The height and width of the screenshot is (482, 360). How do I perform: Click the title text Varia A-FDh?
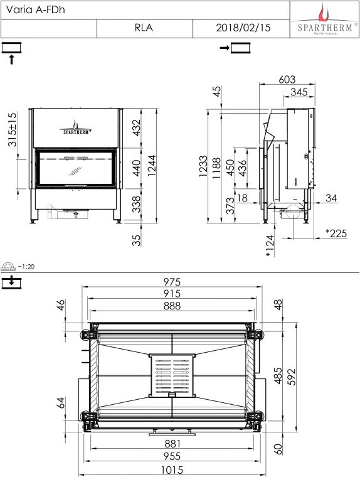[x=35, y=9]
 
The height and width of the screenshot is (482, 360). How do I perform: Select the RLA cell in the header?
[x=144, y=28]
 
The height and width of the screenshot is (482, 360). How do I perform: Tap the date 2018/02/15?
[x=243, y=28]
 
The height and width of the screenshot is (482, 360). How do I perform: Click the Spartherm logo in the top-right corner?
[x=325, y=19]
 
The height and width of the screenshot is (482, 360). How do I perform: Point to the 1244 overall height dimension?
[x=152, y=166]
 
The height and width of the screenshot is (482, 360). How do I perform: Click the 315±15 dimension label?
[x=13, y=129]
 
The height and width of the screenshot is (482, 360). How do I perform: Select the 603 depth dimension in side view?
[x=287, y=80]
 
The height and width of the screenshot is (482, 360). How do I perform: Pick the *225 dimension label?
[x=336, y=233]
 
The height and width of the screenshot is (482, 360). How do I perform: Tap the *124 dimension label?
[x=270, y=246]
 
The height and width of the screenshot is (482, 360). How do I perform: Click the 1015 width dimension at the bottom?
[x=172, y=470]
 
